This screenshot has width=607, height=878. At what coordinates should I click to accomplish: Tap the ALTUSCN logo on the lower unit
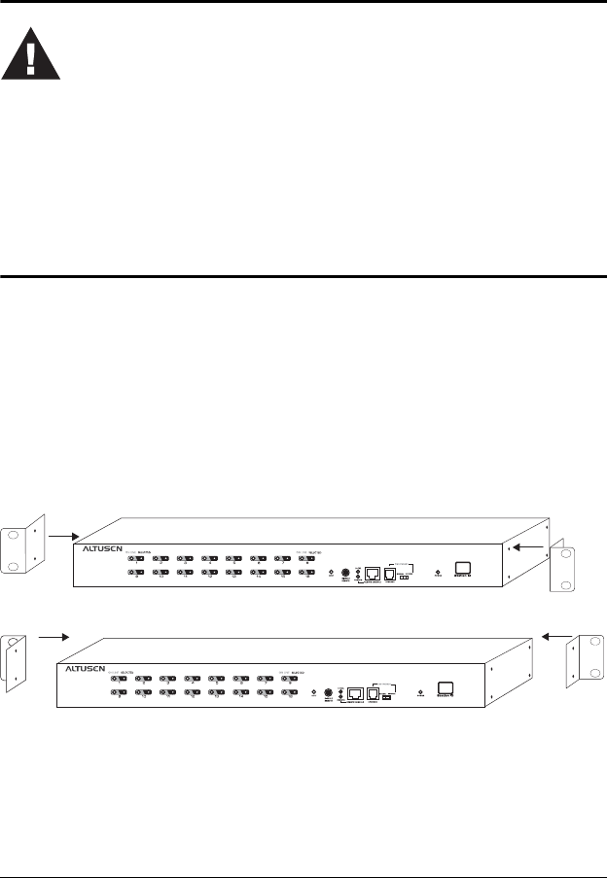88,670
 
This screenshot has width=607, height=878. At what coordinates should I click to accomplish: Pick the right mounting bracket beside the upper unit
564,568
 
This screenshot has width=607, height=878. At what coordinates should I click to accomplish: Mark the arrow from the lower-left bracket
53,637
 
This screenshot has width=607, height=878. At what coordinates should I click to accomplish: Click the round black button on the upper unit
346,572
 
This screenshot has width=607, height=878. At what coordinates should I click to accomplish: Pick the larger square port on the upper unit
372,573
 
